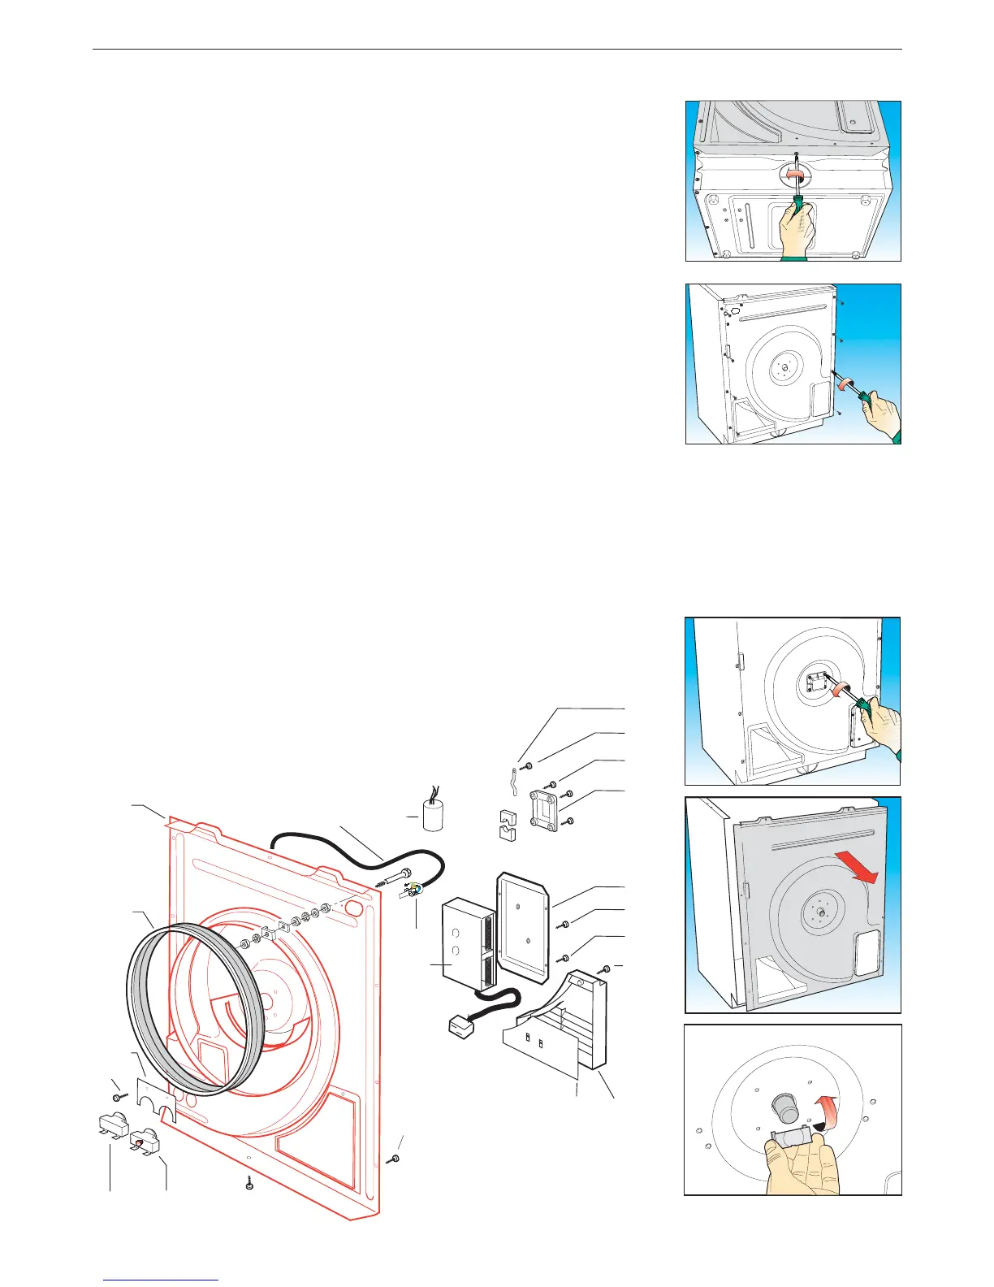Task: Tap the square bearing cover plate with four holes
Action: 542,808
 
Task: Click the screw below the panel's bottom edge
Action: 248,1184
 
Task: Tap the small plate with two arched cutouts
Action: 157,1097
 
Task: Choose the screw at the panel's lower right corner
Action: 395,1157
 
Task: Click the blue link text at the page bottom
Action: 162,1280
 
